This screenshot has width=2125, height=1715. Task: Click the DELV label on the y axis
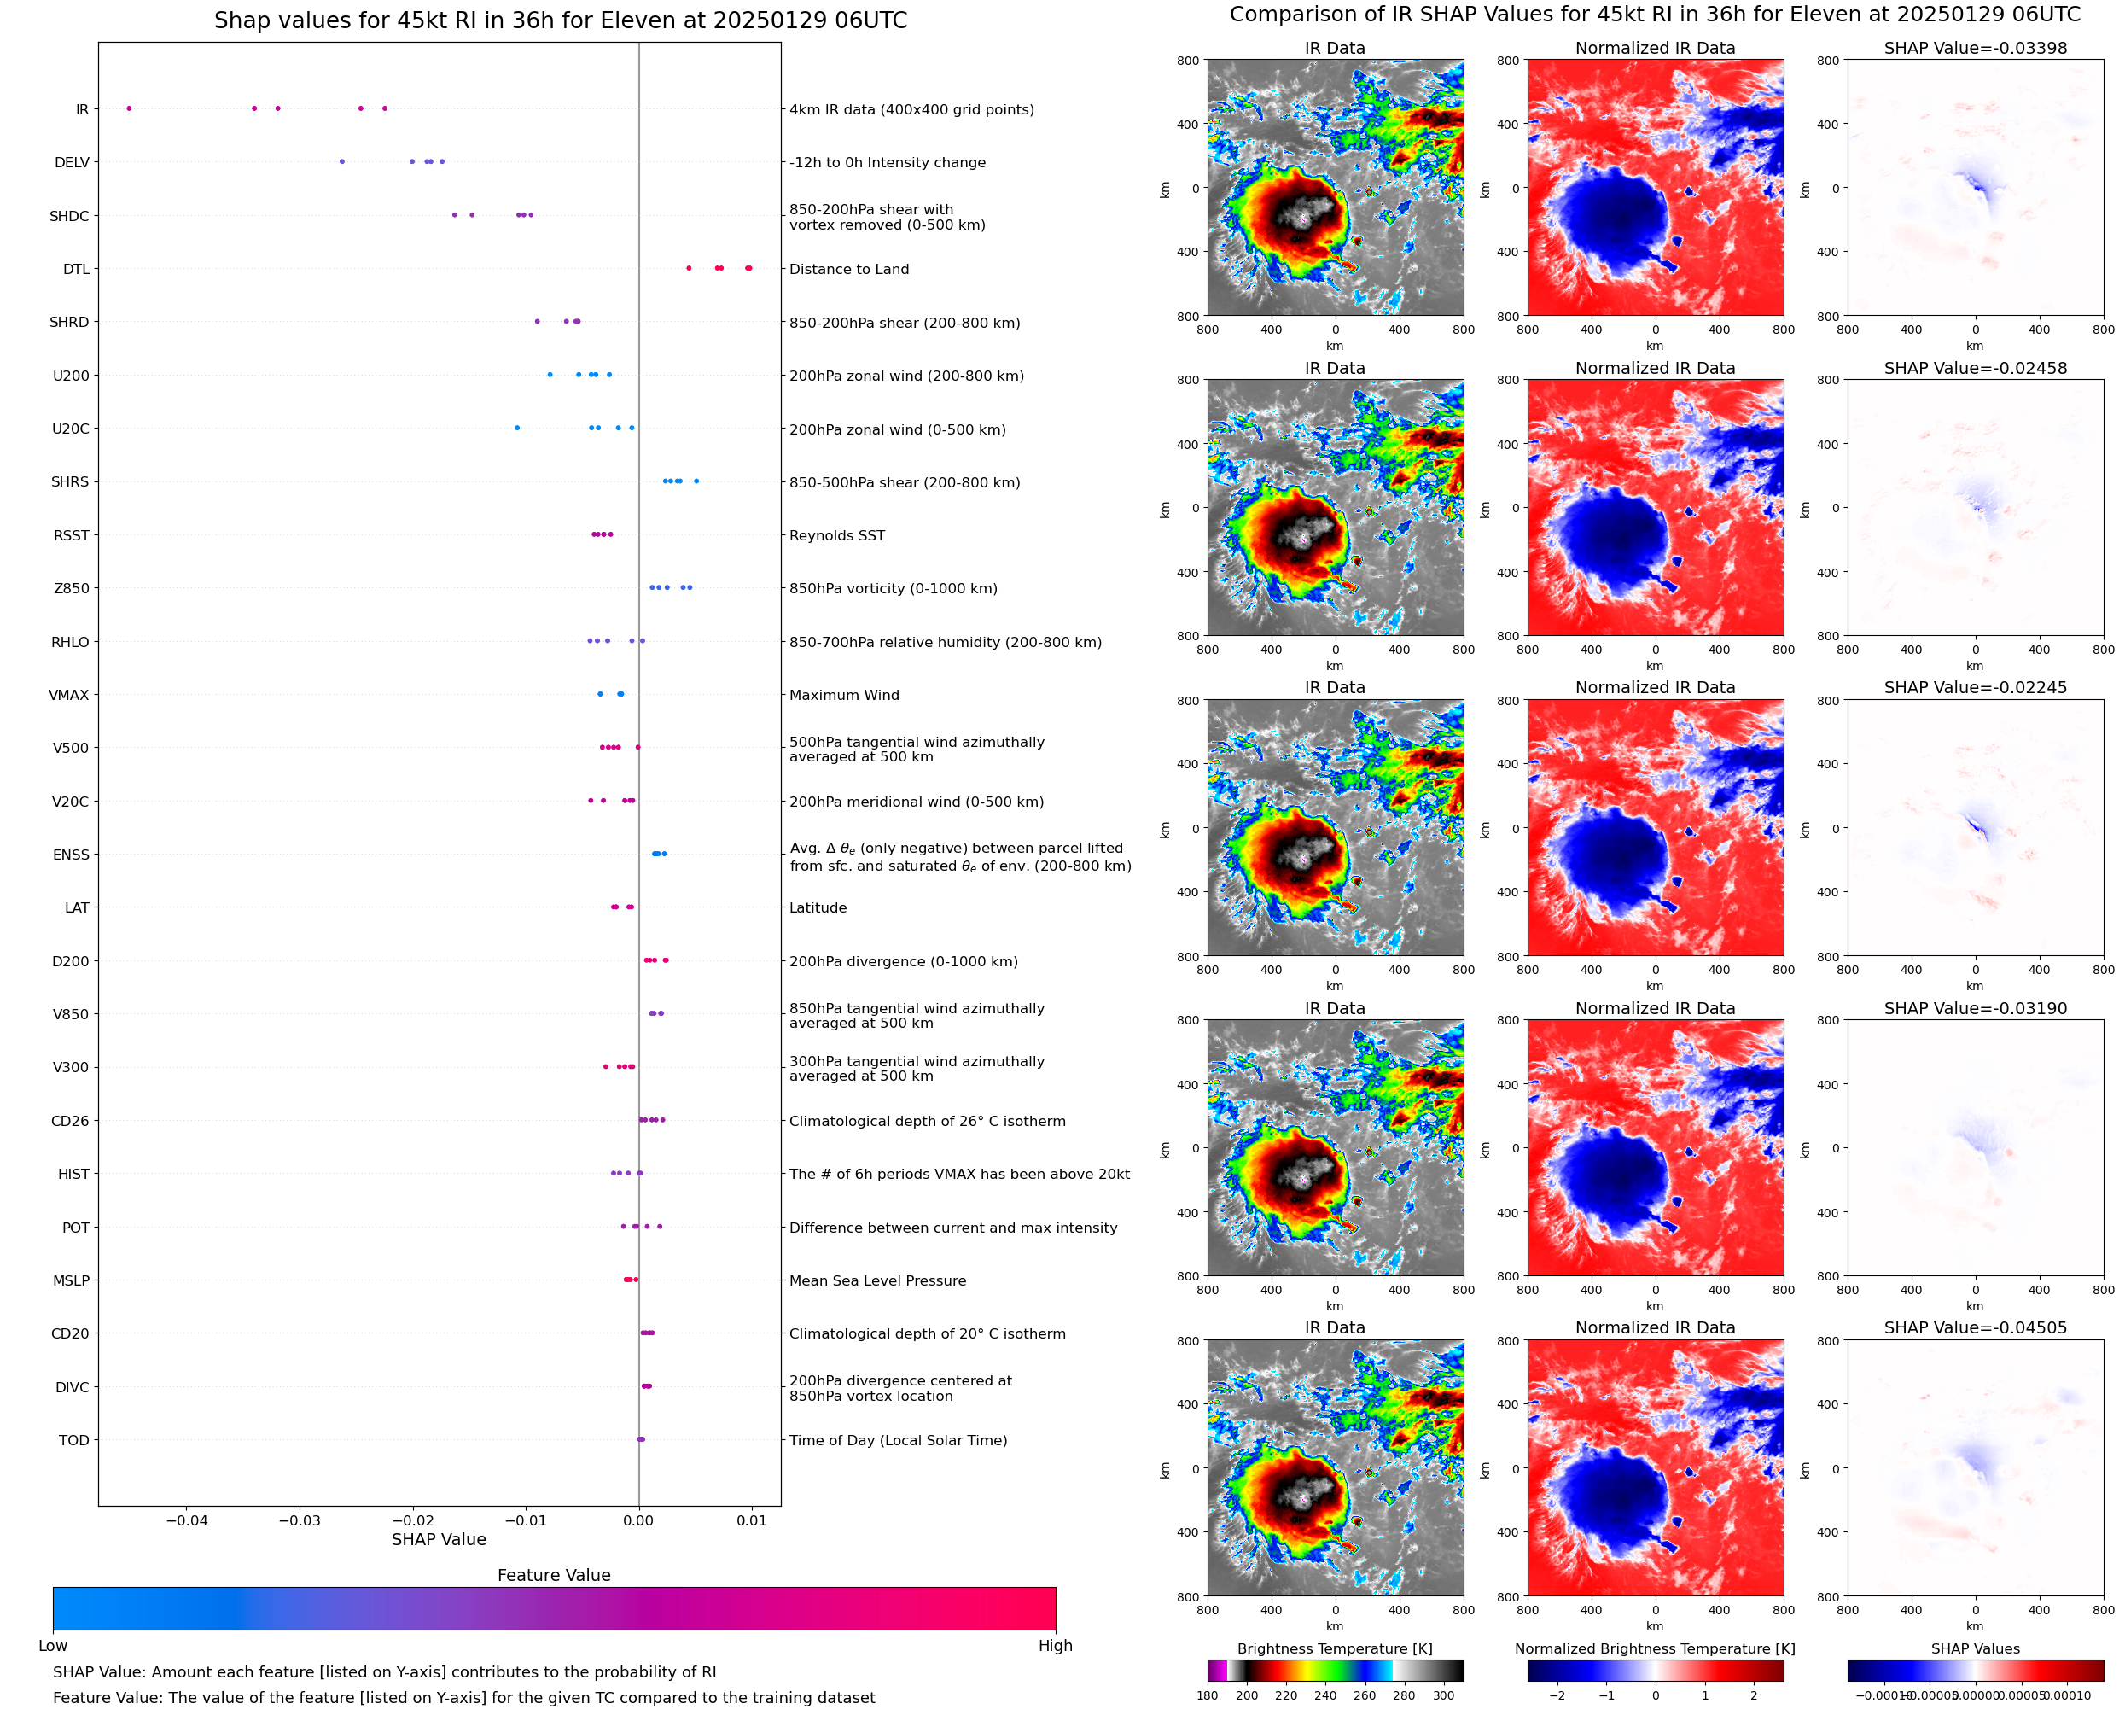pos(72,163)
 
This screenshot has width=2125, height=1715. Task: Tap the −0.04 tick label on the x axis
pos(187,1520)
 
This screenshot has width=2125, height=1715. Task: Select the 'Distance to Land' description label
pos(848,270)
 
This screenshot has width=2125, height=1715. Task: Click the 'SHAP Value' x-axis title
pos(439,1539)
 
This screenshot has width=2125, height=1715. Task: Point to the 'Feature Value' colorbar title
pos(553,1575)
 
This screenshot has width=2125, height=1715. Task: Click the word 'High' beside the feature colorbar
pos(1055,1645)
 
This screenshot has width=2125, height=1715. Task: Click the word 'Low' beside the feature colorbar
pos(53,1645)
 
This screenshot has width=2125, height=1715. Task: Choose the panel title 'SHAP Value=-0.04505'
pos(1975,1327)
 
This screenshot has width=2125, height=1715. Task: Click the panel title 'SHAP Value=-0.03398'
pos(1975,49)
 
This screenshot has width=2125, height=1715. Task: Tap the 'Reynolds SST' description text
pos(836,535)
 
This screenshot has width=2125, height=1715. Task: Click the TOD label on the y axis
pos(74,1440)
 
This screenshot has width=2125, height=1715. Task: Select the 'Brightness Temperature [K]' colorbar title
pos(1334,1648)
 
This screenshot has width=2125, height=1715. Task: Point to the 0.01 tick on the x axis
pos(752,1520)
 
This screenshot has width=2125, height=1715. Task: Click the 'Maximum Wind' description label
pos(844,696)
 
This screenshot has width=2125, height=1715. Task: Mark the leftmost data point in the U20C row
pos(517,428)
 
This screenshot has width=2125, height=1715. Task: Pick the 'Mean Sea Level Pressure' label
pos(876,1281)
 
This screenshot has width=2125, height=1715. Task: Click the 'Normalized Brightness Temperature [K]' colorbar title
pos(1654,1648)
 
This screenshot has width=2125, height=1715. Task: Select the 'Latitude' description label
pos(818,908)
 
